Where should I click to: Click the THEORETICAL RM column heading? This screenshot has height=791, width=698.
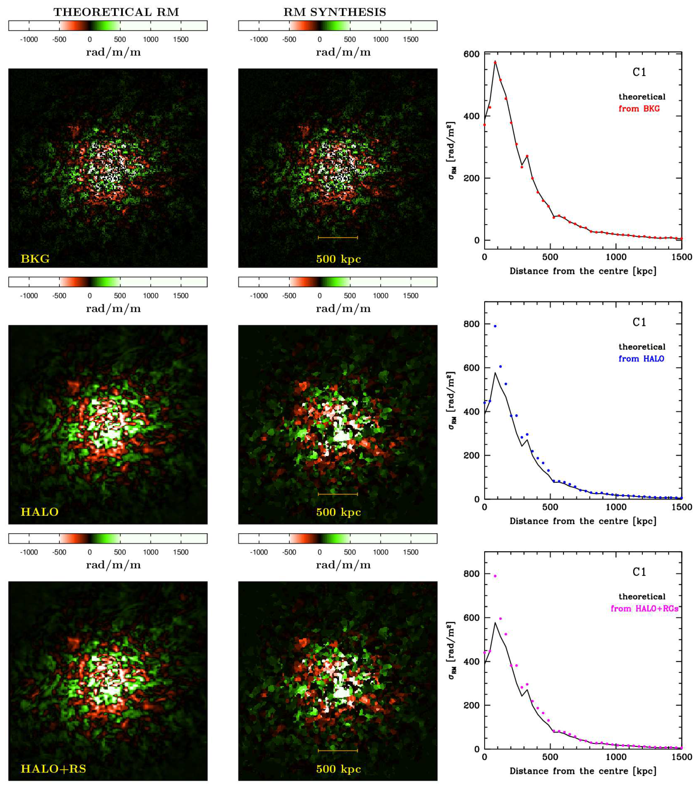point(116,12)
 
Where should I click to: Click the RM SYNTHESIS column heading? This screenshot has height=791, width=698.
point(335,12)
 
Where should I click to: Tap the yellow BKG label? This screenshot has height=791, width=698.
point(35,259)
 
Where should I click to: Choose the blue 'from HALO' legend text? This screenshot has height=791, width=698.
point(641,359)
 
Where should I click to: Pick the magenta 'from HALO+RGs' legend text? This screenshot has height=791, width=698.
point(644,608)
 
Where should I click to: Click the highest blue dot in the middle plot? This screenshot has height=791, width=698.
point(495,326)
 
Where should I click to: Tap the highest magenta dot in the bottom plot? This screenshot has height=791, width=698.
point(495,576)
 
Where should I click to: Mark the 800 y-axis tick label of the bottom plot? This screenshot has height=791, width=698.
point(471,574)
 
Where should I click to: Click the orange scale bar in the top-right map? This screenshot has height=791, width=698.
point(337,237)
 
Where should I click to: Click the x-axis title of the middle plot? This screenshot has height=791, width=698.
point(583,521)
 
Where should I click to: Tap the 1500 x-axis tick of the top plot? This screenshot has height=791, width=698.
point(682,257)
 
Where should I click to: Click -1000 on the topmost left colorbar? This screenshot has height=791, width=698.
point(29,39)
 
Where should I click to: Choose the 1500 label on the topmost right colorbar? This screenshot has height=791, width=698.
point(411,39)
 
